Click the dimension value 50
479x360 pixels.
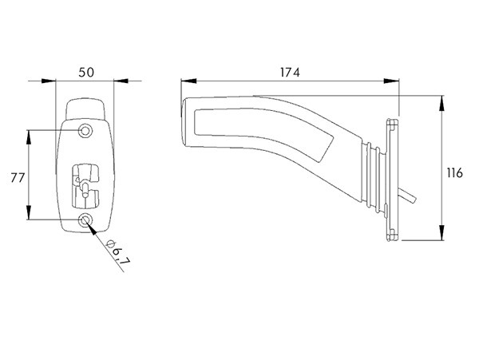(87, 72)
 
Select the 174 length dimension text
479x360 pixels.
(289, 72)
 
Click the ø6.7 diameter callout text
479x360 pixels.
(119, 254)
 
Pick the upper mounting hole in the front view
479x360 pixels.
(85, 129)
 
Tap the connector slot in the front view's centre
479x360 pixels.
(86, 180)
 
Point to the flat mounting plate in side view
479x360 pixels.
(391, 179)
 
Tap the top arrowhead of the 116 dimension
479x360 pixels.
(441, 99)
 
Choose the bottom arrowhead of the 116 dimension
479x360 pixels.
(441, 237)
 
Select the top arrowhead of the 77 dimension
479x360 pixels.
(30, 133)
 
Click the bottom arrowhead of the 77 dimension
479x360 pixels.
(30, 216)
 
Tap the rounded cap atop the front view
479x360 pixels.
(86, 107)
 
